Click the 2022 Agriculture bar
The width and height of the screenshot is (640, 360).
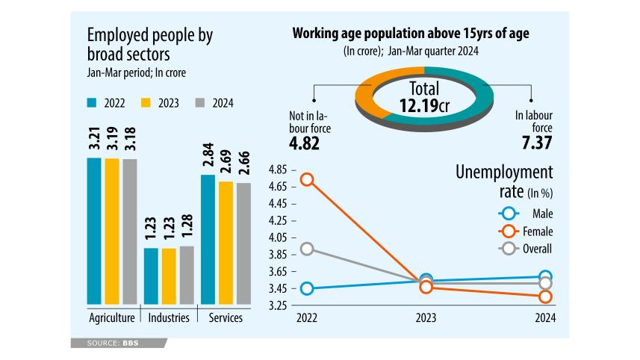coord(94,232)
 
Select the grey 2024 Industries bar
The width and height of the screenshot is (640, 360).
coord(187,276)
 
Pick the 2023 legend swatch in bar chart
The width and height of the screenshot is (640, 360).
coord(146,103)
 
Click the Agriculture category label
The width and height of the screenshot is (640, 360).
coord(112,318)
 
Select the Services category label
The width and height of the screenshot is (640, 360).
coord(225,318)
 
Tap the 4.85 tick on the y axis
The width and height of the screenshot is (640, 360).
coord(280,168)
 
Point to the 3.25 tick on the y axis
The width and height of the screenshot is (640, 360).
coord(280,305)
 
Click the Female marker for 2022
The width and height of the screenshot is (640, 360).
coord(306,179)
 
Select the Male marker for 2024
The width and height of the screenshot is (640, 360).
coord(545,277)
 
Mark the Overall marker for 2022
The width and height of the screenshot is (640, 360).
coord(306,249)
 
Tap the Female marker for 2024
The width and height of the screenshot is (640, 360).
coord(545,297)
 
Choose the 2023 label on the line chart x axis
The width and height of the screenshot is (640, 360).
coord(426,318)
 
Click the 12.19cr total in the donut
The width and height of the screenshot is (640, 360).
coord(423,105)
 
